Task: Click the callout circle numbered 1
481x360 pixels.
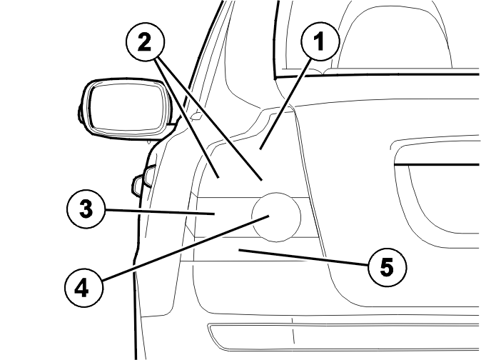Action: tap(320, 41)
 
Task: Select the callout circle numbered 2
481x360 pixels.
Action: tap(145, 42)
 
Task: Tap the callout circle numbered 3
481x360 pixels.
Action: tap(86, 209)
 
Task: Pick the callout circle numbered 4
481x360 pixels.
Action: tap(83, 288)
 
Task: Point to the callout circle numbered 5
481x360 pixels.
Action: tap(387, 267)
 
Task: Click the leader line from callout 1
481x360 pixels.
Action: tap(286, 104)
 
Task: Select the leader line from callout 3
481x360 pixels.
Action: tap(160, 212)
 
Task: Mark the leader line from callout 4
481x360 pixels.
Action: tap(186, 248)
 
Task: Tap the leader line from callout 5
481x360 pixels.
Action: tap(304, 257)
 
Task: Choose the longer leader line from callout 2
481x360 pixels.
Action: tap(210, 119)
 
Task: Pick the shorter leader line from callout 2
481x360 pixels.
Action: tap(186, 119)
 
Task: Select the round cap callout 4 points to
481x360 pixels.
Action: tap(276, 217)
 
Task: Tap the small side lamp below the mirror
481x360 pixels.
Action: tap(143, 181)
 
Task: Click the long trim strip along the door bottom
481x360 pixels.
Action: tap(343, 336)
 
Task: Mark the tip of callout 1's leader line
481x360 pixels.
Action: tap(260, 149)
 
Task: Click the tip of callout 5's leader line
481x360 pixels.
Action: tap(239, 250)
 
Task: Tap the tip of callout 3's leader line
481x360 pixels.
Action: tap(214, 214)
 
